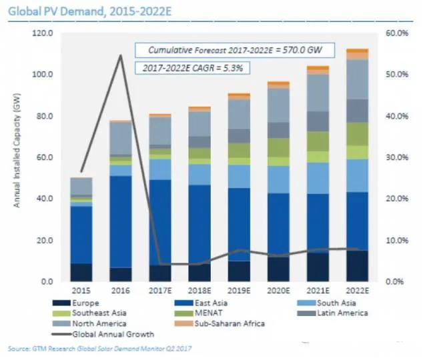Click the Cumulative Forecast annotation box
244,49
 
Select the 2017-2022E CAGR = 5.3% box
186,68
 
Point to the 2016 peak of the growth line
121,55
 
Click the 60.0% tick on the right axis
394,33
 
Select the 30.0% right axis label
394,157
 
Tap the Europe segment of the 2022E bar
357,265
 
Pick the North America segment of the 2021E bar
318,93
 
